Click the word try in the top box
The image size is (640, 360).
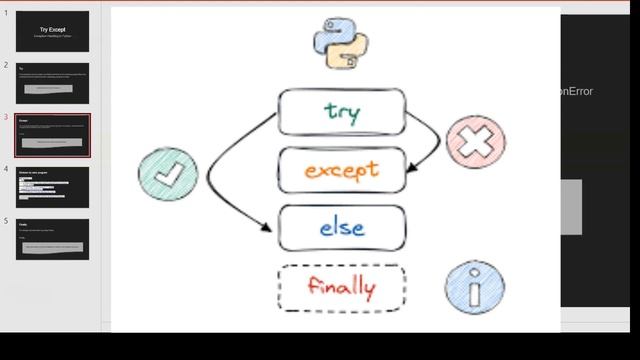pos(341,111)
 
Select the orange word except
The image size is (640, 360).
pos(341,170)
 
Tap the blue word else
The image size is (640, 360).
pos(341,228)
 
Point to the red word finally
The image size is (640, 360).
pos(341,288)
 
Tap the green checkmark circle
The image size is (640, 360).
pos(168,176)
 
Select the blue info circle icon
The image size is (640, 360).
pos(474,288)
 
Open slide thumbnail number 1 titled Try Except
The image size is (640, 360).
pos(52,31)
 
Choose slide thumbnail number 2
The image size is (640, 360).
pos(52,83)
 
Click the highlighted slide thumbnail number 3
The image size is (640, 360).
pos(52,135)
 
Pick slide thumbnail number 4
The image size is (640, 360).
pos(52,187)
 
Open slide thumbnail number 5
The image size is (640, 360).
pos(52,239)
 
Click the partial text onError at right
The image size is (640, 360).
pos(577,91)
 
